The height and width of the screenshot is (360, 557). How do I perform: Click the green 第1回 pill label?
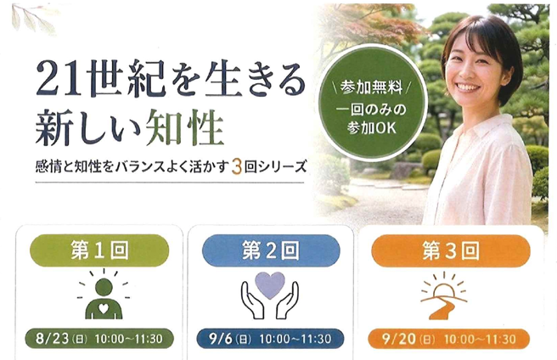click(x=99, y=250)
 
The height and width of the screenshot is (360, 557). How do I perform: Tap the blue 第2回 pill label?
click(x=271, y=250)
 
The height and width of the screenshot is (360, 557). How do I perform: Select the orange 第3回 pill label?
click(x=450, y=250)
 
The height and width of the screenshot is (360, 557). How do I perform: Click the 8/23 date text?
click(x=53, y=338)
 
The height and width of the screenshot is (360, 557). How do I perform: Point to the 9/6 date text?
click(x=221, y=338)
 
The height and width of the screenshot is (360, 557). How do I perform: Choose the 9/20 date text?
click(x=399, y=338)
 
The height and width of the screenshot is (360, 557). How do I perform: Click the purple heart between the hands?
click(x=270, y=285)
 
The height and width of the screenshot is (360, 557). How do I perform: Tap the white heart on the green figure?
click(x=104, y=308)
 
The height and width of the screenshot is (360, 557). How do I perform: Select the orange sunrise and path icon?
click(x=444, y=295)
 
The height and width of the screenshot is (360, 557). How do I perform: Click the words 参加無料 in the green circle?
click(x=371, y=87)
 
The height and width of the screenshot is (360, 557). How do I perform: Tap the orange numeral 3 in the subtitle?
click(x=236, y=167)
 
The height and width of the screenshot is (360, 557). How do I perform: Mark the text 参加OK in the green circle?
click(x=371, y=128)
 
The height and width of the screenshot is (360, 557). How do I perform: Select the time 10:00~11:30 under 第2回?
click(x=295, y=339)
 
